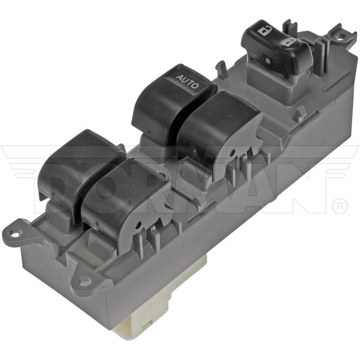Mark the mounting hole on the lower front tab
[84, 281]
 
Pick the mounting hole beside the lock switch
[341, 35]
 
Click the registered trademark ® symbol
[339, 207]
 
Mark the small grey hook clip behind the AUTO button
[220, 67]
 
